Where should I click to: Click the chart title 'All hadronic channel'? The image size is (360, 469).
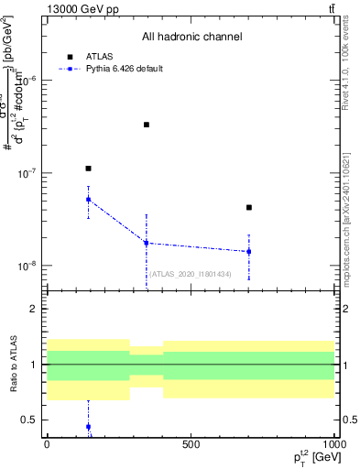coord(191,38)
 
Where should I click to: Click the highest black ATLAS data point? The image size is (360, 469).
coord(147,125)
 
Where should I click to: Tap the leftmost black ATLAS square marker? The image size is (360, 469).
coord(88,169)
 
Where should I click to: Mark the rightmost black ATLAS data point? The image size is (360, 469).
coord(248,208)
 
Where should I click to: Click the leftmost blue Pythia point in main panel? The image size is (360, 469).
coord(88,199)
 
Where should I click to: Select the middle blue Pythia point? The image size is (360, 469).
coord(147,243)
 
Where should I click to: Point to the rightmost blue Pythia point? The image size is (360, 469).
coord(248,251)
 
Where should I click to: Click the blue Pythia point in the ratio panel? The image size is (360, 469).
coord(88,427)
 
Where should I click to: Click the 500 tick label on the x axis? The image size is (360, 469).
coord(191,444)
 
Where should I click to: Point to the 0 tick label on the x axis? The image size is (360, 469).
coord(47,444)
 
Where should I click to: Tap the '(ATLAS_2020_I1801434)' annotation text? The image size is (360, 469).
coord(190,274)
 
